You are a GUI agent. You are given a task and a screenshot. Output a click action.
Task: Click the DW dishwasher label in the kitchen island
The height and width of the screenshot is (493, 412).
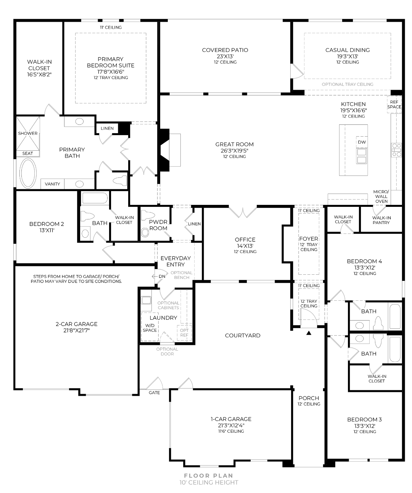[x=362, y=142]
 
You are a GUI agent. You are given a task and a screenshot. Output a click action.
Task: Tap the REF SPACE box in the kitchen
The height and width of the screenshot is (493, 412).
[x=394, y=104]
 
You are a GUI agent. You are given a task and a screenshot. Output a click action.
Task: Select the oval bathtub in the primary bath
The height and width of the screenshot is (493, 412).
[x=28, y=173]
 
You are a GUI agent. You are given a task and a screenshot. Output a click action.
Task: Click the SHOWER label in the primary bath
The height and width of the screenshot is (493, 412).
[x=27, y=133]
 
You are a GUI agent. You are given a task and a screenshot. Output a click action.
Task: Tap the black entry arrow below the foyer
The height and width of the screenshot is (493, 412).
[x=309, y=333]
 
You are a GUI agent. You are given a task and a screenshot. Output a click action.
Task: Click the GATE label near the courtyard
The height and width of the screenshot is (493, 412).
[x=154, y=392]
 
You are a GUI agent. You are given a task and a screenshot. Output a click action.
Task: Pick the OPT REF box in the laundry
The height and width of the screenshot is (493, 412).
[x=184, y=333]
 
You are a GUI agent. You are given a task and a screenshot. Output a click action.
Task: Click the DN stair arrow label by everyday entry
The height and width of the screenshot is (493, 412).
[x=162, y=276]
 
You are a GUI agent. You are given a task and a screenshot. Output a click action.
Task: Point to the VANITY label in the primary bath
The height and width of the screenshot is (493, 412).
[x=52, y=184]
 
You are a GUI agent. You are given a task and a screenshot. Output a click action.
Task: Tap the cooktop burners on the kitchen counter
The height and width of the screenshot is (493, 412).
[x=396, y=150]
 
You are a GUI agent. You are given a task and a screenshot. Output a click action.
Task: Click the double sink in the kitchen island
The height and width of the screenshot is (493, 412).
[x=362, y=156]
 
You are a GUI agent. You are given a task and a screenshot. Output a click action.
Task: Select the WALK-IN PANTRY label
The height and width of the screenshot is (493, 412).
[x=381, y=220]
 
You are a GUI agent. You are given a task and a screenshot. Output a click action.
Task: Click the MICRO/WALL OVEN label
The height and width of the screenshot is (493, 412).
[x=381, y=197]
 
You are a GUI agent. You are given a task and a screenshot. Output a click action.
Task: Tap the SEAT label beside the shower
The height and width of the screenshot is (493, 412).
[x=27, y=153]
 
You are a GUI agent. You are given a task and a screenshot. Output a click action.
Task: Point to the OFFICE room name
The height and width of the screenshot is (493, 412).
[x=245, y=239]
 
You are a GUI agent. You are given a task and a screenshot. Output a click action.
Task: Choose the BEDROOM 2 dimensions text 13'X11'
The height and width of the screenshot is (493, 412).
[x=47, y=230]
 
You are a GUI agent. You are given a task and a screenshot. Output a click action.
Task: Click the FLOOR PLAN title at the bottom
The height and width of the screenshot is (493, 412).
[x=208, y=475]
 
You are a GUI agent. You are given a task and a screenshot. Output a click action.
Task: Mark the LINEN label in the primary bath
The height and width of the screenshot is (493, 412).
[x=107, y=128]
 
